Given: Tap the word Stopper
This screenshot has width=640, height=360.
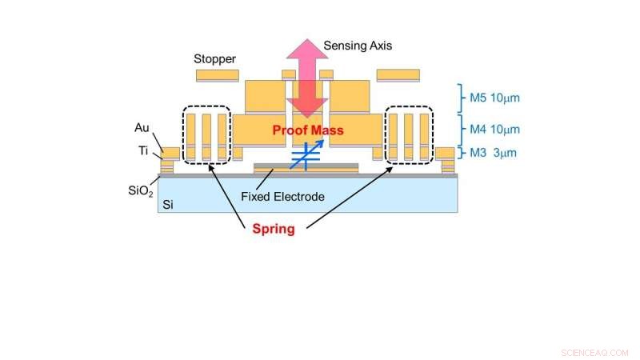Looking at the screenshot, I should click(x=214, y=58).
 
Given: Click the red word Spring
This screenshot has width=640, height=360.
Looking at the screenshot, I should click(x=274, y=229).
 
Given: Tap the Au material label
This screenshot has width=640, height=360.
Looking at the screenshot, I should click(x=144, y=127).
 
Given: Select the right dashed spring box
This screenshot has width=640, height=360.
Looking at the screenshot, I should click(x=410, y=136).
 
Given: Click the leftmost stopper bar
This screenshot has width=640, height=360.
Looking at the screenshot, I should click(x=217, y=75).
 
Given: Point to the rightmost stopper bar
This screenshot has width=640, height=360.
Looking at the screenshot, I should click(x=398, y=75).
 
